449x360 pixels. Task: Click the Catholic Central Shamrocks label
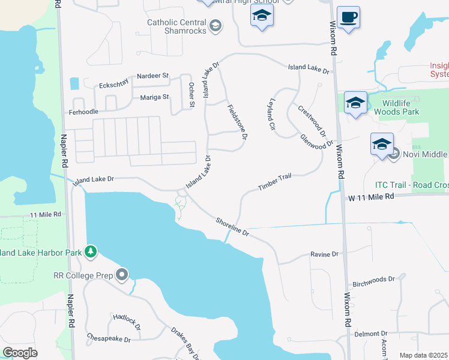click(x=177, y=27)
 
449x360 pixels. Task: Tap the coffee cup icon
click(x=348, y=17)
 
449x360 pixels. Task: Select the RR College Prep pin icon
click(x=122, y=275)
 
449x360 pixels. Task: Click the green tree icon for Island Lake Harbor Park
click(x=91, y=251)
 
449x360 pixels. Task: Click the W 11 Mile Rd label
click(x=370, y=196)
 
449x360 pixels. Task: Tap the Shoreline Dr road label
click(x=233, y=227)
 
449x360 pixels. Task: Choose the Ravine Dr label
click(x=324, y=254)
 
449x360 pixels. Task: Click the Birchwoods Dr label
click(x=373, y=280)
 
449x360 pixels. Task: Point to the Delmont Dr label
click(x=371, y=334)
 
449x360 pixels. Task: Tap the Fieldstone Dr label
click(x=237, y=122)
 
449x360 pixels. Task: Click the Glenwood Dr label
click(x=316, y=141)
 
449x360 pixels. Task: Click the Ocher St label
click(x=192, y=95)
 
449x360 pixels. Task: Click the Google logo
click(x=20, y=353)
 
